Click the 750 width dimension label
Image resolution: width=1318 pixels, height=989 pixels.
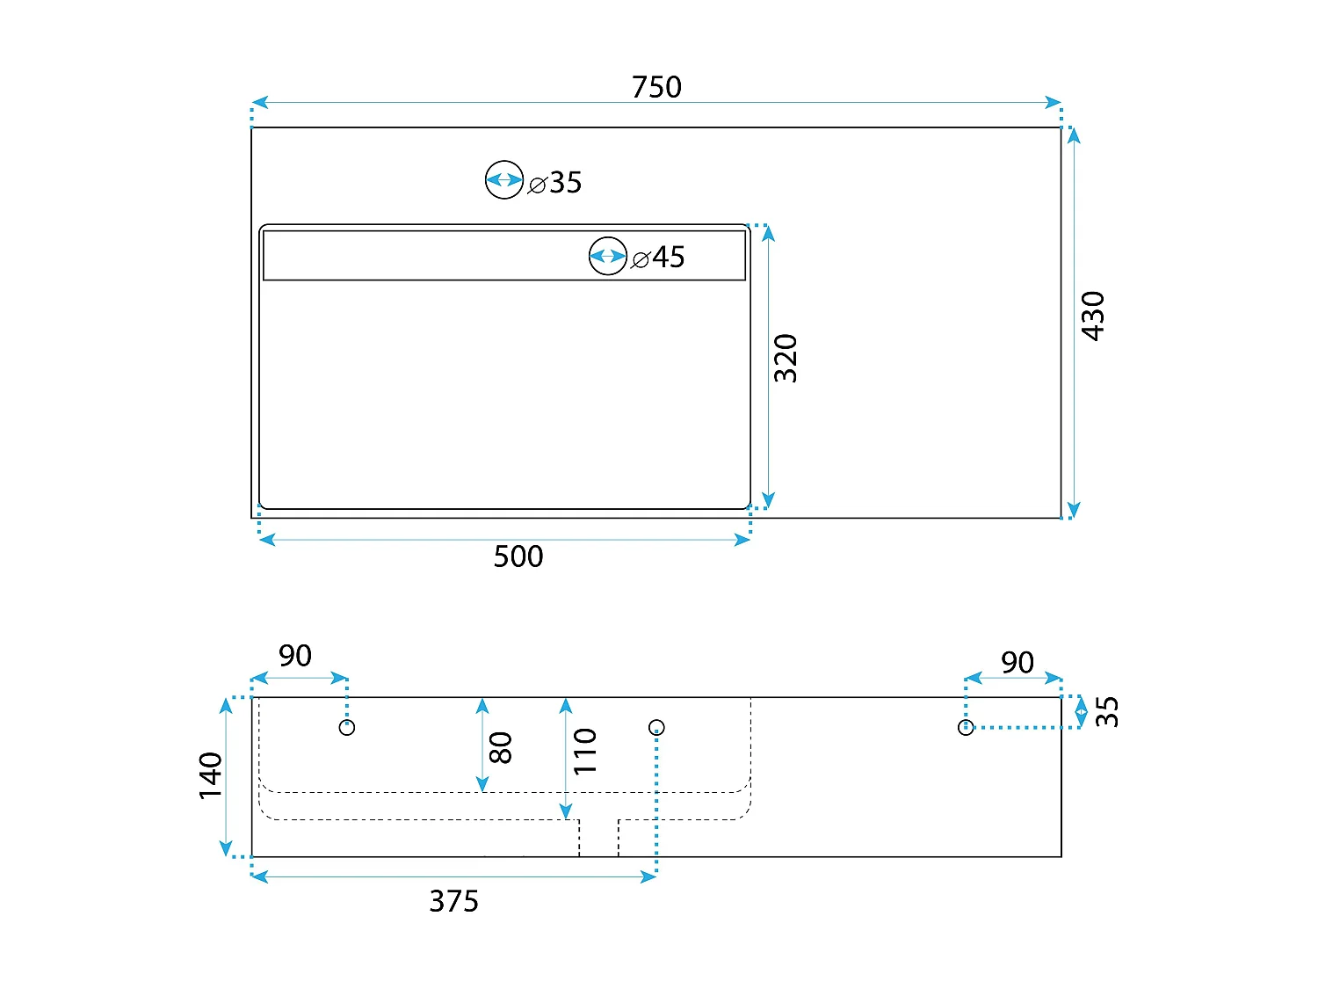pos(656,87)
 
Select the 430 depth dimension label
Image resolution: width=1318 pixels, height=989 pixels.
pos(1092,315)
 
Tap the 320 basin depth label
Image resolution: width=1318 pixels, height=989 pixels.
pos(786,358)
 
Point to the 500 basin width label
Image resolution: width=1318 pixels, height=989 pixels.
pos(518,556)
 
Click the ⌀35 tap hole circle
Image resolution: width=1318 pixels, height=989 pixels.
pos(504,180)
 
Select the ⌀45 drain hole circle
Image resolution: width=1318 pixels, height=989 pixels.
pos(608,256)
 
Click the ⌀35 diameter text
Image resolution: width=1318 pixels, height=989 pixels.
pos(555,183)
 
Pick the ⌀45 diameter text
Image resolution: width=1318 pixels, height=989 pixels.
pos(659,258)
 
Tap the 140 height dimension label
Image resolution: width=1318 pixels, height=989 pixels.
pos(211,775)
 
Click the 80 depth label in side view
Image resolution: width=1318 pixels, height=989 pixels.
pos(500,747)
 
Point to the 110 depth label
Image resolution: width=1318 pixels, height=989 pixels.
pos(585,751)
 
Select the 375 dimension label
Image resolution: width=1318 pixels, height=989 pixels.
pos(453,901)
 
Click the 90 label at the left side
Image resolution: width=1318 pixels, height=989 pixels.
pos(295,656)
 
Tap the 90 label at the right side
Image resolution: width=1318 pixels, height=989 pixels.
pos(1017,663)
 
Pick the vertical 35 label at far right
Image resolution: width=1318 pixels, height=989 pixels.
pos(1108,711)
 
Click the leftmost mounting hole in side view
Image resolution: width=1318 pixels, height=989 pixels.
pos(347,727)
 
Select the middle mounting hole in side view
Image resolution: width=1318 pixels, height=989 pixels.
pos(656,727)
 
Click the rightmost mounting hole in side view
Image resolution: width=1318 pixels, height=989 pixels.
pos(966,727)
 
